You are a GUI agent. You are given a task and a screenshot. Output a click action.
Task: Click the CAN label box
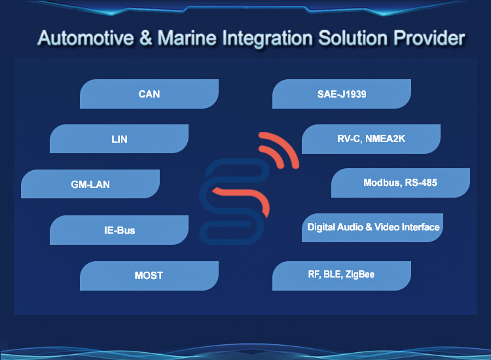point(149,94)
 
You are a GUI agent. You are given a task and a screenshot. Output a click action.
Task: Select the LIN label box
point(119,139)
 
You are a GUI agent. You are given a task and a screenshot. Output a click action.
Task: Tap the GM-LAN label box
point(90,184)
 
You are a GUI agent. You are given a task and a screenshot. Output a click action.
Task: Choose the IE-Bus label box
point(119,230)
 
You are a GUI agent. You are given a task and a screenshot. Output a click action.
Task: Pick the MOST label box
point(149,276)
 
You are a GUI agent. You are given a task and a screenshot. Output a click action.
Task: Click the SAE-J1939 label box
point(342,94)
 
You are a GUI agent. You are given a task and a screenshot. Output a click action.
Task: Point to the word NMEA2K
point(385,138)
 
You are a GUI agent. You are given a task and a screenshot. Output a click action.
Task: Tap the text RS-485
point(421,183)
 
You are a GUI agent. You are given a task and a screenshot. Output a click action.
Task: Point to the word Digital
point(321,227)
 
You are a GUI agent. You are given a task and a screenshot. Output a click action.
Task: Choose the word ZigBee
point(360,274)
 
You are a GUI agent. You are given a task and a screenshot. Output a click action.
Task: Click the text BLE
point(333,274)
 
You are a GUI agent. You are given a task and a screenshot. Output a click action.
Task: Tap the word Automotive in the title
point(86,38)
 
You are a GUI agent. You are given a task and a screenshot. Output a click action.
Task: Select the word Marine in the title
point(187,38)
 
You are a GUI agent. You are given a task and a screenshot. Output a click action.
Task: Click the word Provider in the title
point(429,38)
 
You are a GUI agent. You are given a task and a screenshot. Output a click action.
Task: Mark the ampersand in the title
point(145,38)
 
